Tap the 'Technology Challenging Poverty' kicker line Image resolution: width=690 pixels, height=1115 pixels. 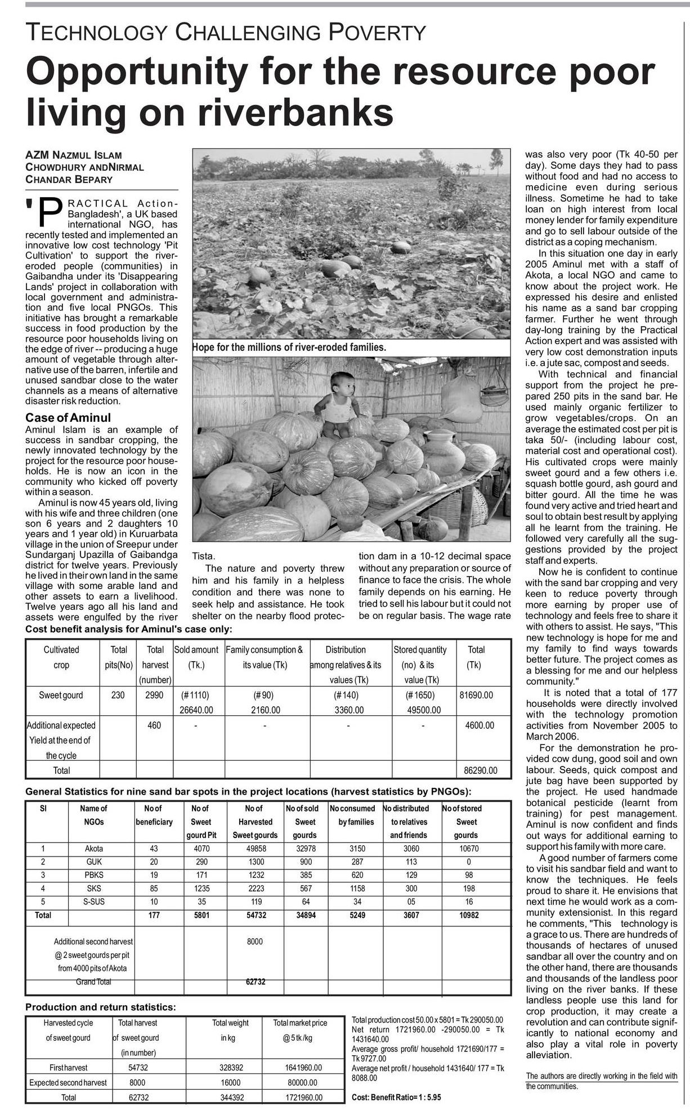pos(226,33)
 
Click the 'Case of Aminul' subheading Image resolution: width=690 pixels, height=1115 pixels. pos(68,417)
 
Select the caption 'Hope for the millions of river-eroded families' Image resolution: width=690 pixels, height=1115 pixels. pos(289,347)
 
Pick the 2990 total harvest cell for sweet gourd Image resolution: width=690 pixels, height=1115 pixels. pos(154,695)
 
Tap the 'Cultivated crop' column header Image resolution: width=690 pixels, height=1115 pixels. pos(61,657)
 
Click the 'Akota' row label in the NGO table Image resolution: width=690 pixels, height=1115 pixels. pos(94,848)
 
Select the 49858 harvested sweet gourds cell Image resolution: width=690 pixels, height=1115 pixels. pos(255,848)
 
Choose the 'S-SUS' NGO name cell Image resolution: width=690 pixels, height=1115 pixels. pos(94,902)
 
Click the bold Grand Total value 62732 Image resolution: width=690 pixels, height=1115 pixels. pos(255,981)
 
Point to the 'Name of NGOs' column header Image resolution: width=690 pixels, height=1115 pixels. pos(94,815)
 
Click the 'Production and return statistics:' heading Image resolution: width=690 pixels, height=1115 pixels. pos(101,1007)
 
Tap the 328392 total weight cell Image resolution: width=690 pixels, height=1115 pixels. pos(230,1067)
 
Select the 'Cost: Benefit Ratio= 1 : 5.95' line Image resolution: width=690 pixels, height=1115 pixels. pos(396,1097)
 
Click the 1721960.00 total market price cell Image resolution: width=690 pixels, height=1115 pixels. pos(300,1097)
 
